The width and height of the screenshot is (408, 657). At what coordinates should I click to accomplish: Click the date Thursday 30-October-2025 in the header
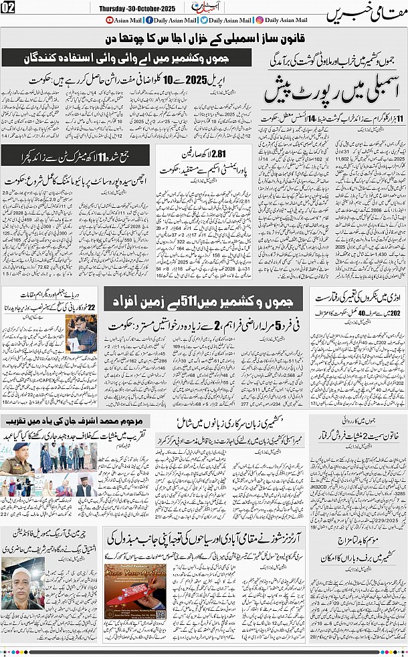click(137, 7)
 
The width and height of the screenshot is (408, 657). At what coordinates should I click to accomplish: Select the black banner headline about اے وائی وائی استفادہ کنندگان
click(131, 58)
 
